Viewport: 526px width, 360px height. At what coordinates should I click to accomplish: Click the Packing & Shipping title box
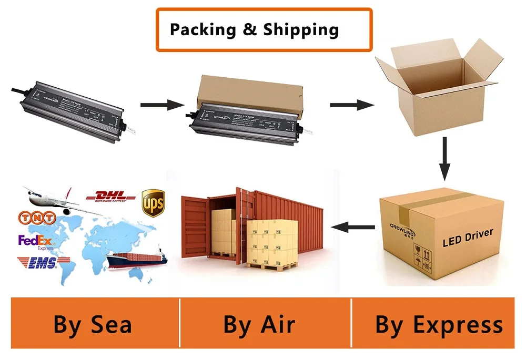(264, 30)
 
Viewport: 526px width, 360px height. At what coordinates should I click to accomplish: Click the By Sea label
(93, 324)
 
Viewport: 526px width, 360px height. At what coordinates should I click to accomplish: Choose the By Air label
(259, 324)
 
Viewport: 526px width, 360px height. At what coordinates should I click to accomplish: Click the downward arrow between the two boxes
(445, 158)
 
